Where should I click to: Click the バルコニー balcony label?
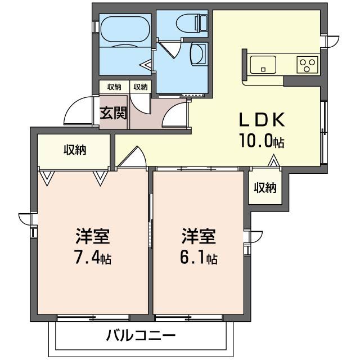[141, 336]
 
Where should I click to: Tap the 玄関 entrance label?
[113, 113]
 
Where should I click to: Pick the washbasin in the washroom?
[197, 55]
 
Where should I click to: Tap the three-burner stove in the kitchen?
[307, 64]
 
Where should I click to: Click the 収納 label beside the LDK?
[264, 187]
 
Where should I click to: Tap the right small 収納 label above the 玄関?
[140, 87]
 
